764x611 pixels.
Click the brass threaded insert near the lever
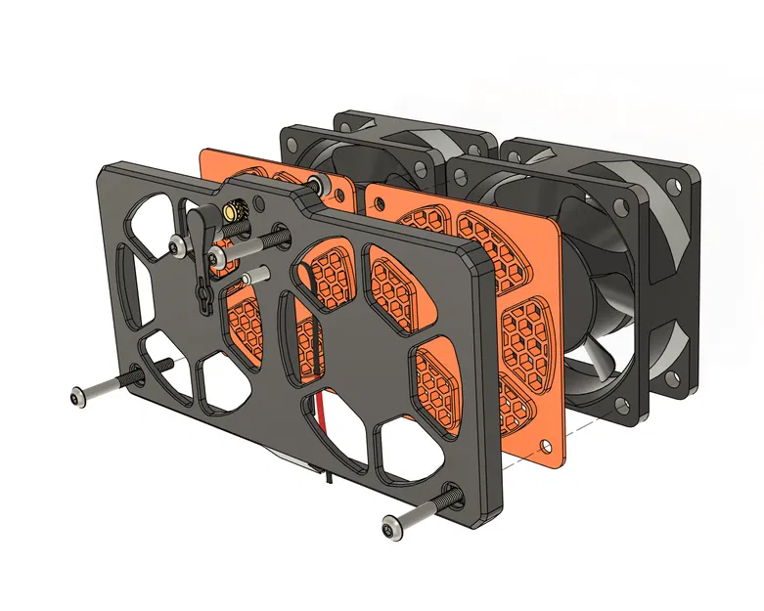(x=232, y=211)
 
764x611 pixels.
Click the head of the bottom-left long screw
(x=80, y=396)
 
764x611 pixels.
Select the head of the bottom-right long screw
(x=392, y=529)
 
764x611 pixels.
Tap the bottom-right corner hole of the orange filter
(x=549, y=449)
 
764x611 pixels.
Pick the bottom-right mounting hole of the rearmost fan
(x=676, y=374)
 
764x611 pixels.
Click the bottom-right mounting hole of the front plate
(x=452, y=494)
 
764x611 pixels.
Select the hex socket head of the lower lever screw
(x=215, y=257)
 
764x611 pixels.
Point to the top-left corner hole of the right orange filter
(x=376, y=199)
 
